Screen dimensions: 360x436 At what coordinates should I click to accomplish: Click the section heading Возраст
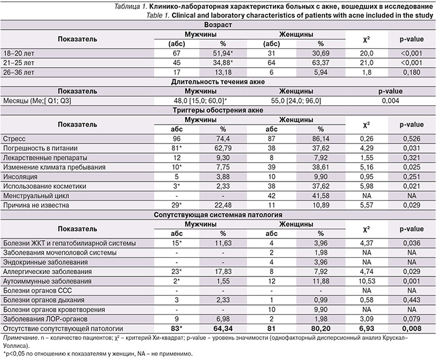pos(217,25)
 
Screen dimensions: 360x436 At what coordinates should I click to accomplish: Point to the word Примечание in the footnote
pos(21,337)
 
